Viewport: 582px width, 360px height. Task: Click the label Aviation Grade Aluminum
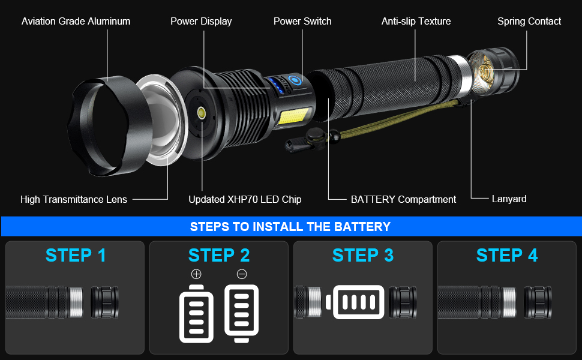click(76, 22)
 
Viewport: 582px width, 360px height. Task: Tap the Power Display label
click(201, 22)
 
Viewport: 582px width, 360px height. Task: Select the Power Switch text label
click(302, 22)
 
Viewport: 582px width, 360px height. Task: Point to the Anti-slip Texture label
click(416, 22)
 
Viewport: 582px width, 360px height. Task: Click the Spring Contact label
click(529, 22)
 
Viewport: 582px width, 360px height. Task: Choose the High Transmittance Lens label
click(74, 199)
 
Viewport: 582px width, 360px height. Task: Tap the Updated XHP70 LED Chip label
click(245, 199)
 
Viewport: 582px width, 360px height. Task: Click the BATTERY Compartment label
click(403, 199)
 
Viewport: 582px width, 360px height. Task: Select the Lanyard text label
click(509, 199)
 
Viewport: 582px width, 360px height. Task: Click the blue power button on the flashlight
click(295, 80)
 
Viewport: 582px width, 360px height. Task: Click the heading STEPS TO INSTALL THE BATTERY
click(290, 227)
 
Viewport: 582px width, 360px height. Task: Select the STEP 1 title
click(76, 255)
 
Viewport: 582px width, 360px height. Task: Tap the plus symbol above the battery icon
click(196, 274)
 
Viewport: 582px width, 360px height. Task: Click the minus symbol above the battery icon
click(242, 274)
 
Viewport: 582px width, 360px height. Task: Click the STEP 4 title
click(507, 255)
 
